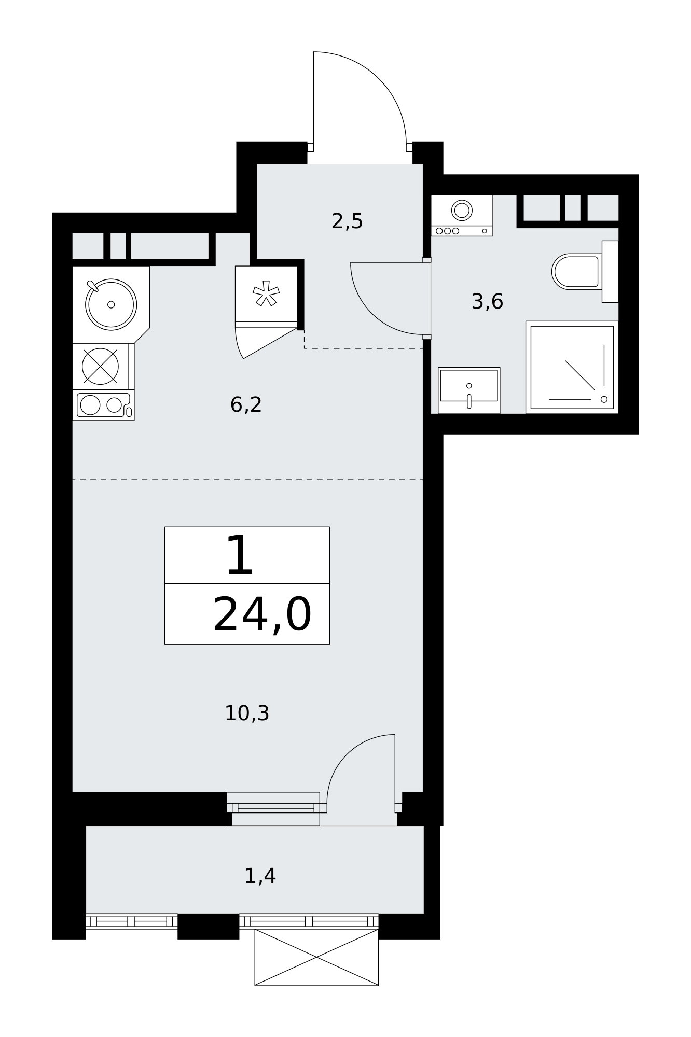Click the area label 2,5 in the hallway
tap(347, 221)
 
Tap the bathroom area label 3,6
tap(487, 301)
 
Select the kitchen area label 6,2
tap(246, 404)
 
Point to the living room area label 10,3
tap(247, 713)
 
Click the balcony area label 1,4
tap(260, 876)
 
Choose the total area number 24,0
tap(262, 615)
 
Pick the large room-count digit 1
tap(240, 556)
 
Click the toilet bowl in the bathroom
tap(576, 272)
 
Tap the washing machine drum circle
tap(462, 210)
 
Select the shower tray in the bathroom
tap(572, 367)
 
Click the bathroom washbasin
tap(469, 390)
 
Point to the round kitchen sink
tap(111, 304)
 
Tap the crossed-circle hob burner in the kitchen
tap(100, 366)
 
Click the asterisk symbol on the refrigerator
tap(266, 293)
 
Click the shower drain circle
tap(604, 399)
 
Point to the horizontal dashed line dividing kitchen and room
tap(247, 480)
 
